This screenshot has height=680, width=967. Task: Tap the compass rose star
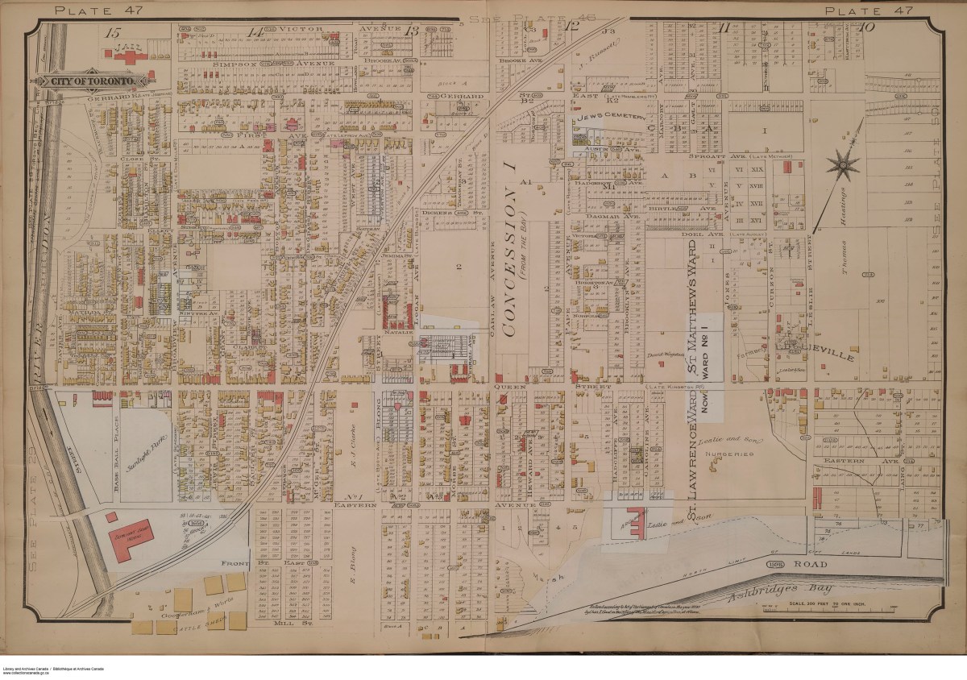(843, 166)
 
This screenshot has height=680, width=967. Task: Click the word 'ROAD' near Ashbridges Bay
(818, 565)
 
